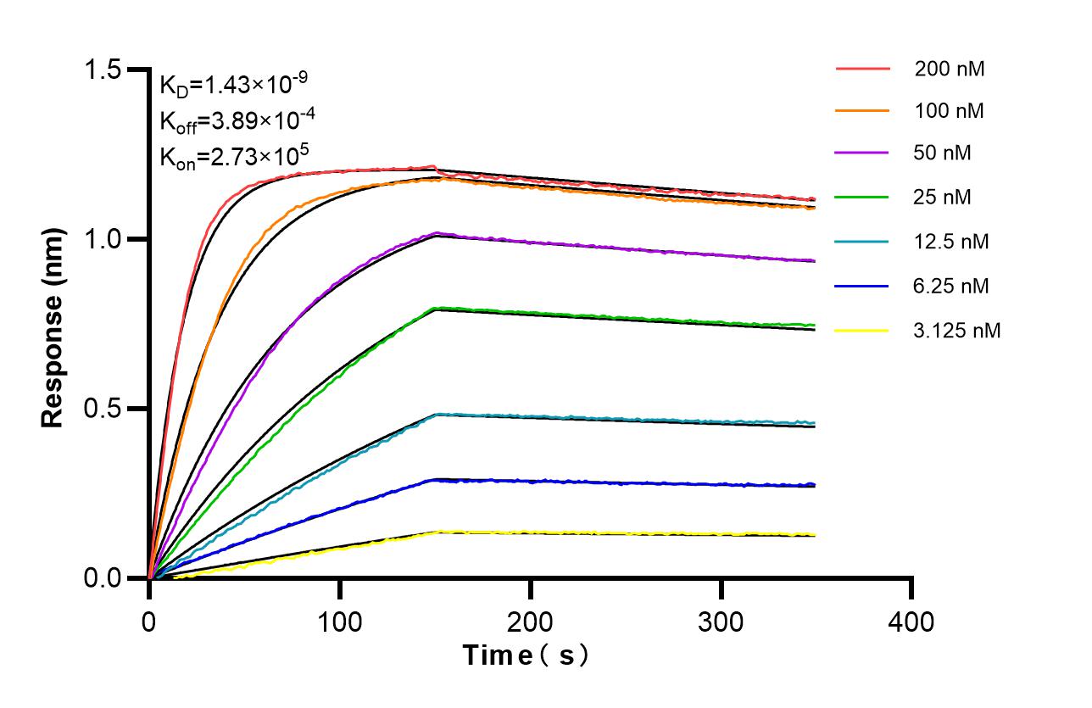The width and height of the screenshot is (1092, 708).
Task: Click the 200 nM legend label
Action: (949, 70)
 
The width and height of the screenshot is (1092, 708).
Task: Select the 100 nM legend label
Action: (949, 110)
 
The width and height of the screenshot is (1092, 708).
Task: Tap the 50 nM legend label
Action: (943, 153)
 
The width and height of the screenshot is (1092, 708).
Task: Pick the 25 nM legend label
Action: (943, 198)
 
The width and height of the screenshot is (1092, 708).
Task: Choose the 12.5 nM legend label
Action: (951, 242)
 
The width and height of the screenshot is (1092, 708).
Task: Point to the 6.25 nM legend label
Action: (951, 286)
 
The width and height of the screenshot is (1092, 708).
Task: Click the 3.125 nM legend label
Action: (957, 330)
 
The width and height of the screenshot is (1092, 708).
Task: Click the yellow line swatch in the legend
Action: (863, 330)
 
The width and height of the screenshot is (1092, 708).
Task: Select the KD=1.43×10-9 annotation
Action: (233, 85)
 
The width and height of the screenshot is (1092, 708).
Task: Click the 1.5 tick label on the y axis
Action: (107, 70)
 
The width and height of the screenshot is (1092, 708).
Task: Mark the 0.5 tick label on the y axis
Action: (107, 409)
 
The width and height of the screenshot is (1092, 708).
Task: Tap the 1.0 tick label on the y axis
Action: (107, 239)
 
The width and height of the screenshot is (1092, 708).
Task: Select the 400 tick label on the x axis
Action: (911, 622)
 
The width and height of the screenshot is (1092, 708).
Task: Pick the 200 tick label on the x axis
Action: (531, 622)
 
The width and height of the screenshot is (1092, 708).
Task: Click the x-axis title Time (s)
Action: (526, 655)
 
